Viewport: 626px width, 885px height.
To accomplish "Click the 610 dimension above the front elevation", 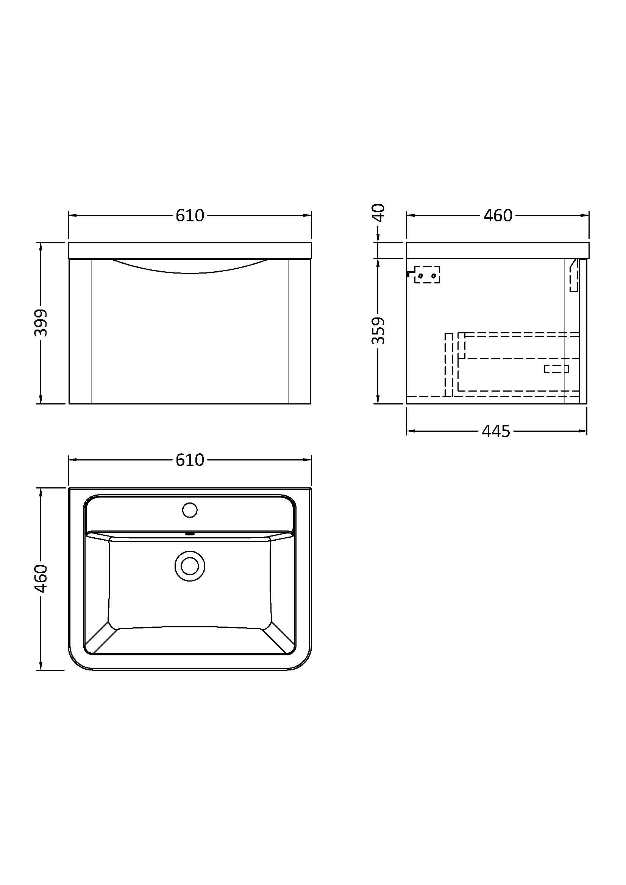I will point(189,216).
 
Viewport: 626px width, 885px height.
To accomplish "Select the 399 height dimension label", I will point(41,323).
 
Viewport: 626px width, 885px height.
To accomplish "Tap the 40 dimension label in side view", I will point(379,212).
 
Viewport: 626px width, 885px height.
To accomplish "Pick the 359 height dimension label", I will point(378,331).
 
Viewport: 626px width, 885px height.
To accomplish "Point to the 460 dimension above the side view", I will point(498,216).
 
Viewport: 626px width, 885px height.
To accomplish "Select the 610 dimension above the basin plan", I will point(189,460).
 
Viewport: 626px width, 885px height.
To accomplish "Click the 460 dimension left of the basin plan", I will point(41,579).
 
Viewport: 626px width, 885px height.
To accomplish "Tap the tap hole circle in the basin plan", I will point(189,510).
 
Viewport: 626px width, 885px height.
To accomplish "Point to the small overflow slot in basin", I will point(189,534).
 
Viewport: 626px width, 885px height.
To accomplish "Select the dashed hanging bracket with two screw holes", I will point(427,275).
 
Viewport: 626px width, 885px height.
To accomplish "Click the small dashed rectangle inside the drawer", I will point(556,369).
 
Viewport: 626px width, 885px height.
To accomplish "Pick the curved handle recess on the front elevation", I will point(189,267).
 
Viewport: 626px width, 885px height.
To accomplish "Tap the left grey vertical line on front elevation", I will point(91,331).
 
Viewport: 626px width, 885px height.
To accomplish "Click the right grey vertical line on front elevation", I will point(289,331).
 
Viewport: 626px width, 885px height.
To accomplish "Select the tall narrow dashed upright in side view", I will point(448,364).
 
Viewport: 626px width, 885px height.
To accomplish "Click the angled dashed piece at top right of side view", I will point(574,275).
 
